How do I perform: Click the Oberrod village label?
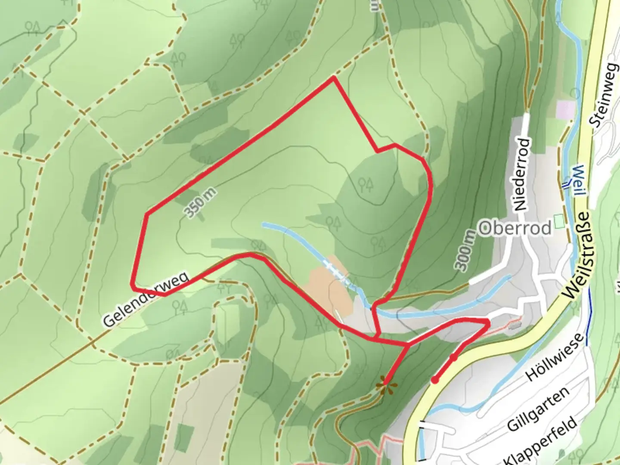tap(515, 228)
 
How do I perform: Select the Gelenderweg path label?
tap(146, 299)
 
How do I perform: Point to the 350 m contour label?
tap(200, 203)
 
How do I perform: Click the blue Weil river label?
tap(578, 180)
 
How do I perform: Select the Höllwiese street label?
tap(555, 357)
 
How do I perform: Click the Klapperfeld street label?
tap(541, 441)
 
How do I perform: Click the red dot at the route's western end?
tap(435, 380)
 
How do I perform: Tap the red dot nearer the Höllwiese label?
tap(453, 357)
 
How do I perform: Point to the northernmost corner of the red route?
tap(334, 78)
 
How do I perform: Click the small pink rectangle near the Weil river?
tap(566, 109)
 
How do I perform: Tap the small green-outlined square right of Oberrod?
tap(559, 222)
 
